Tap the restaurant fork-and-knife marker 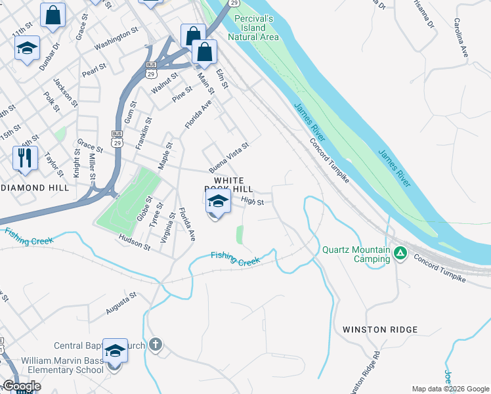(25, 158)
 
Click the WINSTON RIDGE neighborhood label (380, 330)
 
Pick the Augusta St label (121, 303)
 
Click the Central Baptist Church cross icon (155, 345)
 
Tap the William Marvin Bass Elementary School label (62, 365)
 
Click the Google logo (21, 386)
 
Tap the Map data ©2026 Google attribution (450, 389)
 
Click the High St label (252, 202)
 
